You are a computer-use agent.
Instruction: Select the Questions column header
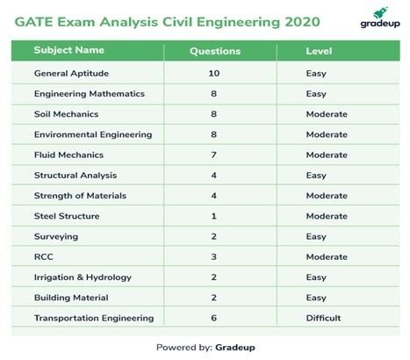coord(214,51)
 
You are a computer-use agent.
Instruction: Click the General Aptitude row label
coord(73,74)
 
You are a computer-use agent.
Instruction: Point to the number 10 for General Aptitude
coord(214,74)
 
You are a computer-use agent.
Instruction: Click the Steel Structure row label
coord(67,216)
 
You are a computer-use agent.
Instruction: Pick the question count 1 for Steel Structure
coord(214,216)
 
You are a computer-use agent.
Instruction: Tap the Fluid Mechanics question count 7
coord(214,155)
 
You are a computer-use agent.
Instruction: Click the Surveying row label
coord(56,236)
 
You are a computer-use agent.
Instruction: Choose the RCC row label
coord(45,256)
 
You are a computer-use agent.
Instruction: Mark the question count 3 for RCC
coord(214,256)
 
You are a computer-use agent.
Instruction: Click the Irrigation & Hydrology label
coord(83,277)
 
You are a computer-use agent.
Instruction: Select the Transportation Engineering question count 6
coord(214,318)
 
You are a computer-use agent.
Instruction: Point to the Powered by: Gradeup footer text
coord(205,346)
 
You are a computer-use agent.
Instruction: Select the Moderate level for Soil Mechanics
coord(327,114)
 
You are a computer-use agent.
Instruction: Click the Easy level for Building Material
coord(317,298)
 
